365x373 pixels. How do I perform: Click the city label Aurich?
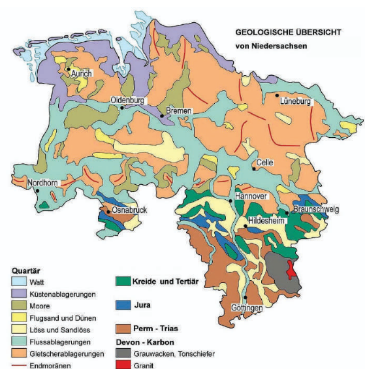click(x=82, y=74)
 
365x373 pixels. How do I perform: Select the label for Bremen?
click(x=178, y=111)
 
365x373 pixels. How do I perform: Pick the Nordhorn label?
click(x=42, y=184)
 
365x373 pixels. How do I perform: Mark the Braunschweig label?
click(x=316, y=209)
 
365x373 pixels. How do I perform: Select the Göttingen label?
click(x=246, y=308)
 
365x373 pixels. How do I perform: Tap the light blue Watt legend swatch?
click(x=20, y=282)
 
